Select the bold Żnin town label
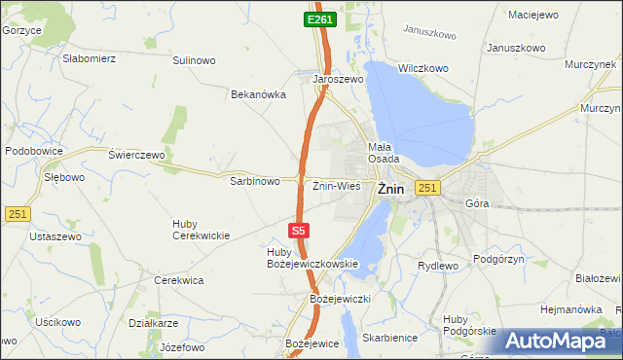click(390, 189)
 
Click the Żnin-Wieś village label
click(337, 185)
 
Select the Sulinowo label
click(194, 60)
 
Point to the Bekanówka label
click(257, 94)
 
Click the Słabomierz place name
click(90, 58)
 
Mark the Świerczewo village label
click(137, 155)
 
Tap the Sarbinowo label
click(255, 181)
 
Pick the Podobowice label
click(34, 151)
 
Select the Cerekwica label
click(179, 280)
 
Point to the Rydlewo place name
click(437, 265)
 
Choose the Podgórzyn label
click(498, 259)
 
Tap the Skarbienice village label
click(388, 337)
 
